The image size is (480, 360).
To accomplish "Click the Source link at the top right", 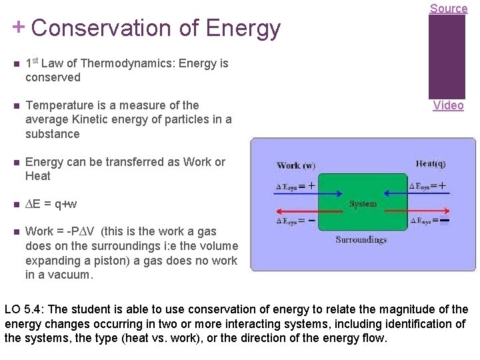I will coord(448,8).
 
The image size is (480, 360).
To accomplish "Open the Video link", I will coord(448,105).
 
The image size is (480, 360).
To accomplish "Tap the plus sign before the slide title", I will coord(19,27).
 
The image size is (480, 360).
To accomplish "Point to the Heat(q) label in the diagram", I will coord(431,164).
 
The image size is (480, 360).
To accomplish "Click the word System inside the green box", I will coord(363,203).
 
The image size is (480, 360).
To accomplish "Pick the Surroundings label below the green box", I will coord(361,239).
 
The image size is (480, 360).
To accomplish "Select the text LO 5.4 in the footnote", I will coord(24,309).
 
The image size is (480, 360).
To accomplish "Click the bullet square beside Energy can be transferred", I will coord(15,162).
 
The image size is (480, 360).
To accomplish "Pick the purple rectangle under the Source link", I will coord(447,57).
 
